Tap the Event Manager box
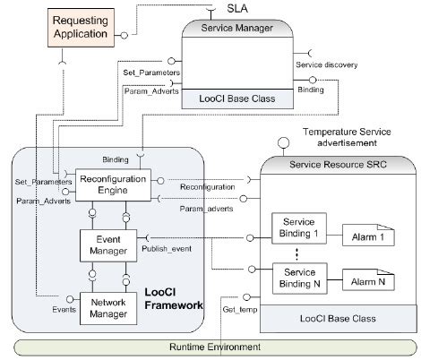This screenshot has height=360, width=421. [107, 244]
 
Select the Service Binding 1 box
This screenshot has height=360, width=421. [298, 227]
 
